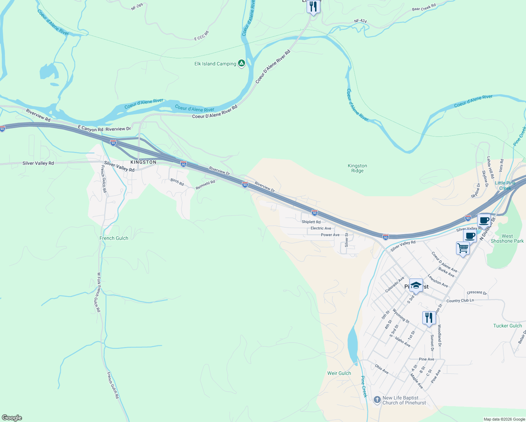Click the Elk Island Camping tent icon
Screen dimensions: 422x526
241,63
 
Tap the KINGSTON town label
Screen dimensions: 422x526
143,162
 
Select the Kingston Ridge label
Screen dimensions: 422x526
357,168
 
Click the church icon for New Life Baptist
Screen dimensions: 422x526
377,400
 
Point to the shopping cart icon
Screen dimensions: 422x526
463,248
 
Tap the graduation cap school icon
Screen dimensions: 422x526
416,285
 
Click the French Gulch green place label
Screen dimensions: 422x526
114,238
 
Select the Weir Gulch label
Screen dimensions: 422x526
339,373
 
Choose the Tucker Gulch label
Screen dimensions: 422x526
507,326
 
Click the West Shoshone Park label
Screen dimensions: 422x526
507,238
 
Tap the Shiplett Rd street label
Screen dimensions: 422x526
311,222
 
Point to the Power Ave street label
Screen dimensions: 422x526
330,235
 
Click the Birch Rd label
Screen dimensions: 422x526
177,182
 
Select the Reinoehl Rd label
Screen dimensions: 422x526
205,185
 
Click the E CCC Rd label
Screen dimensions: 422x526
201,36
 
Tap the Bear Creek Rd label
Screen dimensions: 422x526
424,7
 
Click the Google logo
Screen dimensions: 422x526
12,418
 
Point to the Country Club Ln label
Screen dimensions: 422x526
460,300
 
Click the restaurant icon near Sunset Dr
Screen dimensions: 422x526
429,318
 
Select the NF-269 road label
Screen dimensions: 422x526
137,7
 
